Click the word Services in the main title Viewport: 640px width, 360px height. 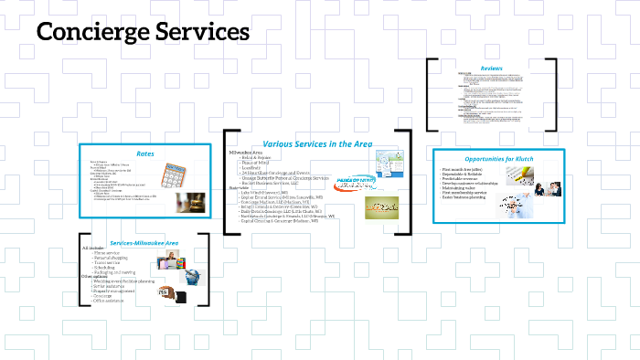click(201, 32)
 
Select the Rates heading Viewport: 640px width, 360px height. click(145, 153)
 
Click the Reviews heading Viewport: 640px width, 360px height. click(494, 66)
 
